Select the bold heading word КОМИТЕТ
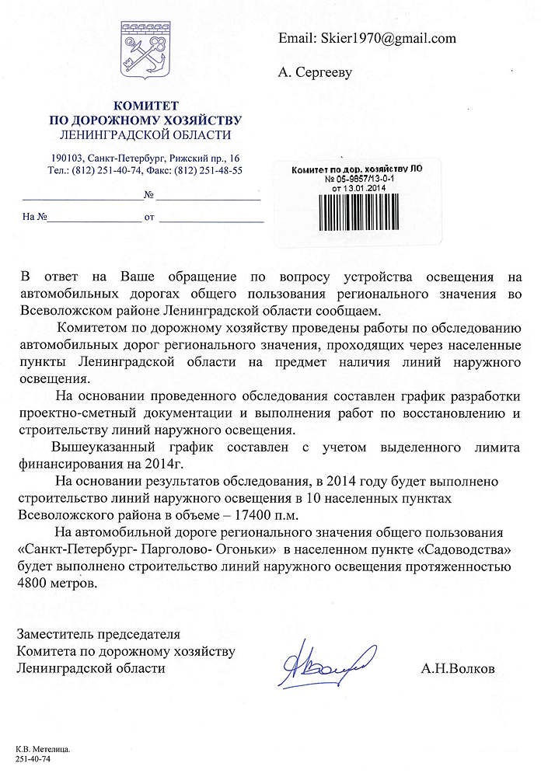[x=146, y=105]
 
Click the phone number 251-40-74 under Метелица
[x=33, y=759]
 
